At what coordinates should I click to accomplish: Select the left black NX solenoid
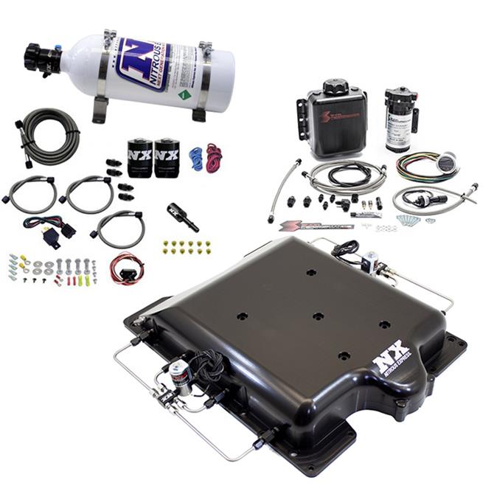pos(139,158)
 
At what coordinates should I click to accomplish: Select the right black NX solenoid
pos(166,158)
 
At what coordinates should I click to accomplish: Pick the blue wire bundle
pos(196,157)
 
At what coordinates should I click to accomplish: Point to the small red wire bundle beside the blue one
pos(214,157)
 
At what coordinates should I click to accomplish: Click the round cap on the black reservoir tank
pos(335,87)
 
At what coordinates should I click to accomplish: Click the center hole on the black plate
pos(317,316)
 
